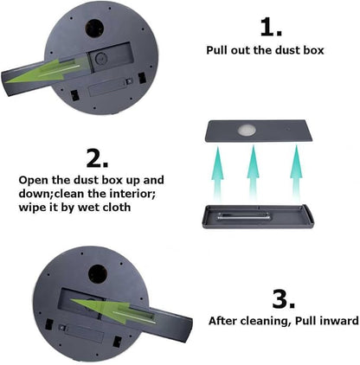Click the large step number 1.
271,28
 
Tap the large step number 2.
97,158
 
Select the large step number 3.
284,299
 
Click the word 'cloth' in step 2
116,207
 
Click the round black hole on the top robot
94,29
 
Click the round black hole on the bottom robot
98,273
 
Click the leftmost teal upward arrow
218,173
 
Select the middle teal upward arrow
253,173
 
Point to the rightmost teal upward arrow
296,173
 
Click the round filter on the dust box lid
247,131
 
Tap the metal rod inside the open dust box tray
244,216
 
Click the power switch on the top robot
129,82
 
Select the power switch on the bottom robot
62,328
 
